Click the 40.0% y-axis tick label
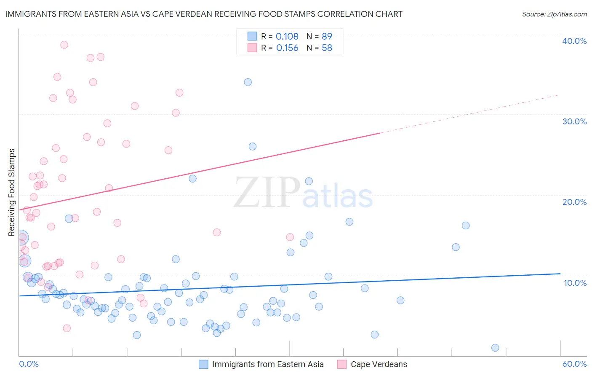coord(574,41)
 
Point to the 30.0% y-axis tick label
coord(574,121)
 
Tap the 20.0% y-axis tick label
coord(574,202)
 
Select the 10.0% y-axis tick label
coord(575,283)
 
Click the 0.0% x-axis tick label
coord(29,364)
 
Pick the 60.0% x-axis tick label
coord(574,364)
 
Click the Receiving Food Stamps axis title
coord(12,192)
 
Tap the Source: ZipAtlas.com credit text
coord(554,14)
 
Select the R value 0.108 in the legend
coord(287,37)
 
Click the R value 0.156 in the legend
coord(287,48)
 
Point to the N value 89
coord(327,37)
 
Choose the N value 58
coord(327,48)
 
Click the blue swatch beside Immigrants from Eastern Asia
coord(203,364)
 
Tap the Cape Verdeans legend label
coord(379,364)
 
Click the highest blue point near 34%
coord(248,82)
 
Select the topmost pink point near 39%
coord(64,45)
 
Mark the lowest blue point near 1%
coord(495,348)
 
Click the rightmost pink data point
coord(290,237)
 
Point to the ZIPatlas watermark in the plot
coord(303,193)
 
